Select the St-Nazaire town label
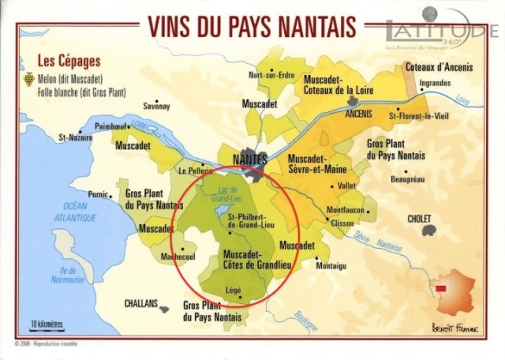[72, 137]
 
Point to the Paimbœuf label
[110, 126]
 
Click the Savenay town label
[157, 105]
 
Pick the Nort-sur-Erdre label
[271, 76]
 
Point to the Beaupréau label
[408, 180]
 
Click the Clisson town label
[342, 223]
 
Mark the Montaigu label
[331, 266]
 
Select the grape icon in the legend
[31, 79]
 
